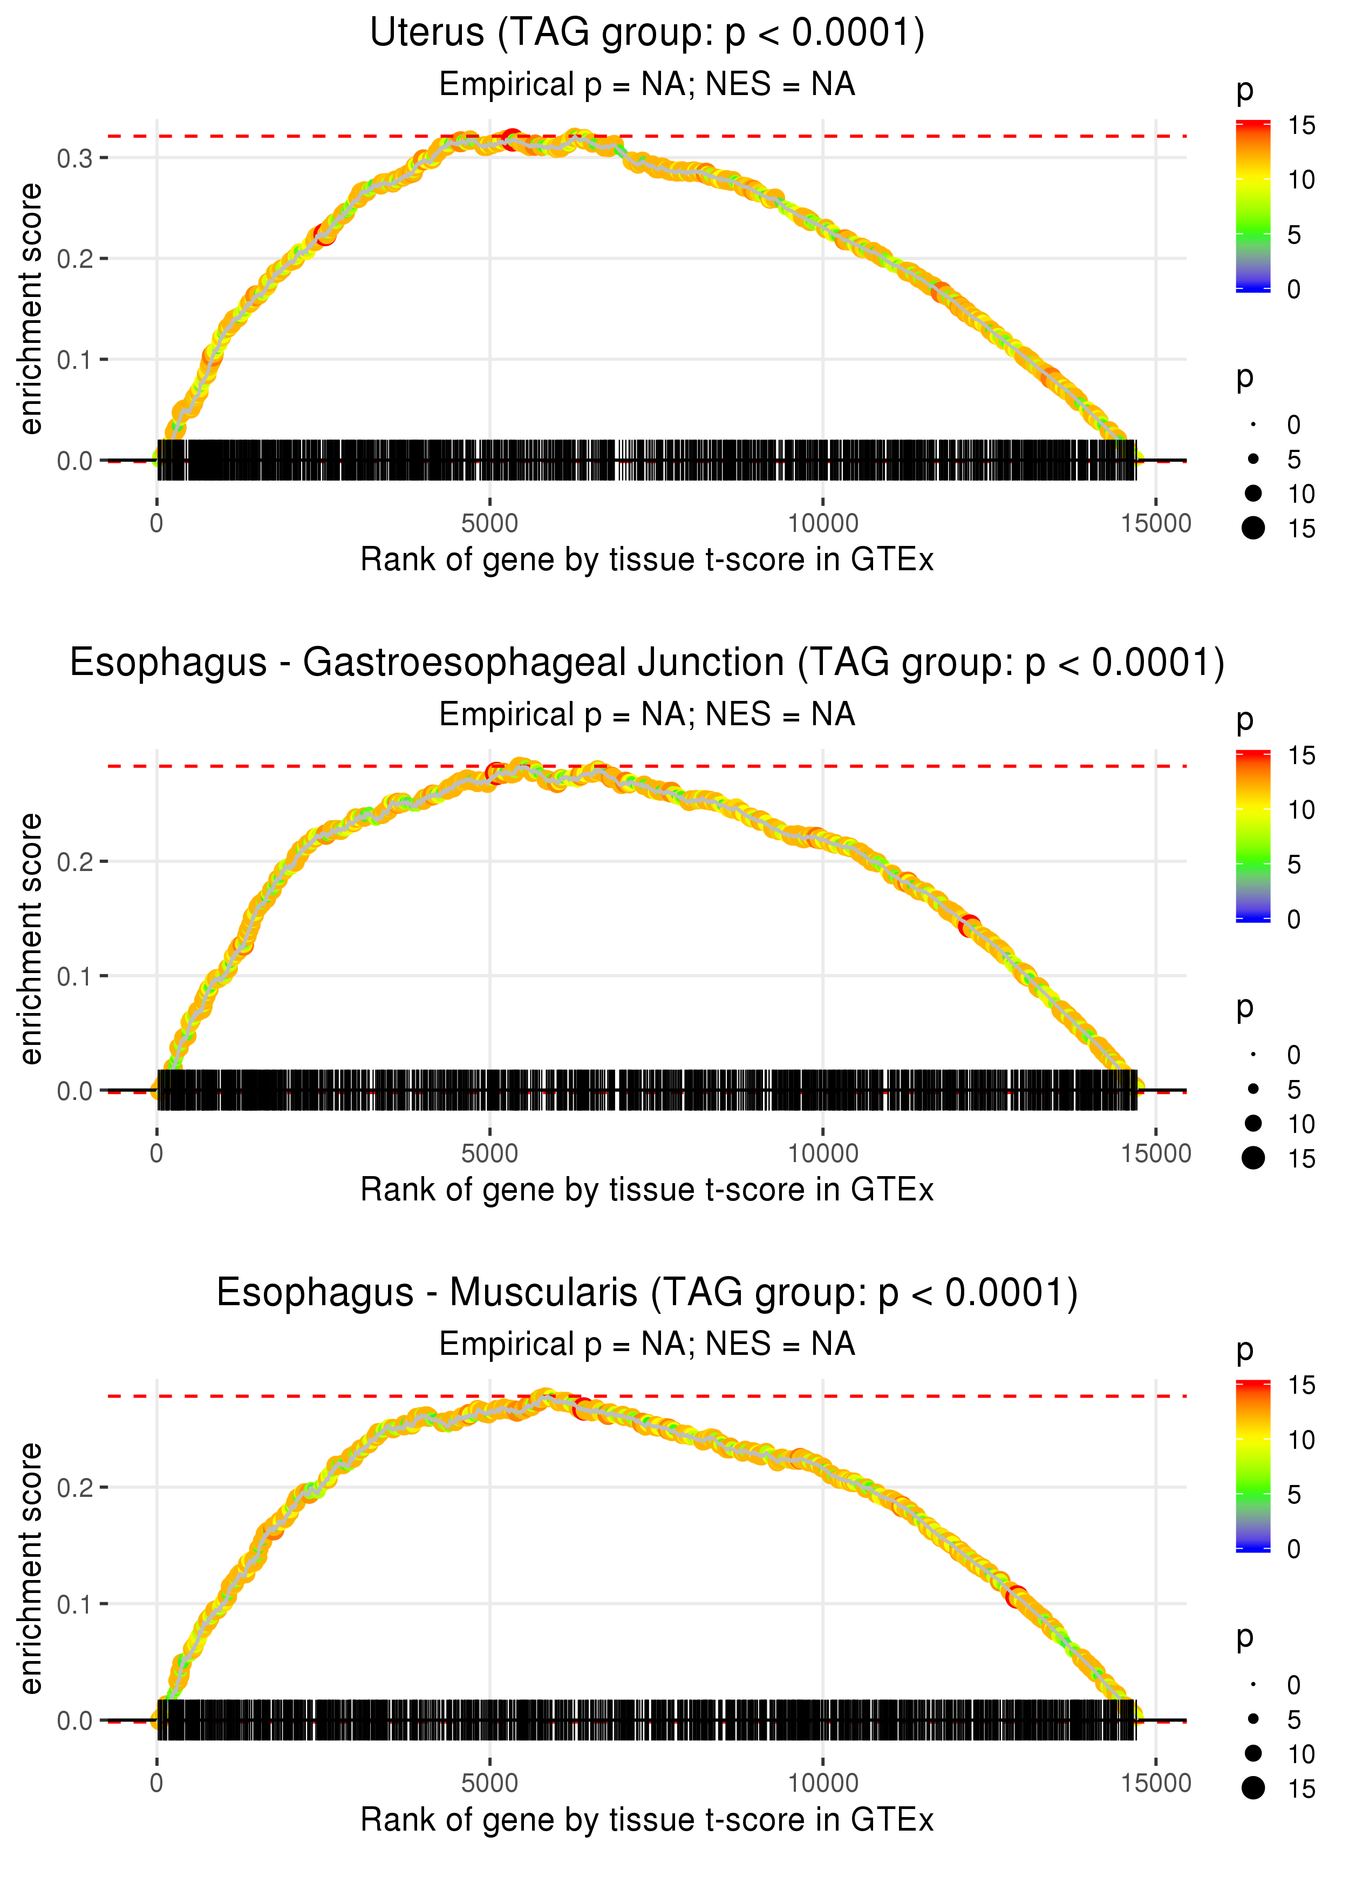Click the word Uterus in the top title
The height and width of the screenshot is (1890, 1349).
coord(426,33)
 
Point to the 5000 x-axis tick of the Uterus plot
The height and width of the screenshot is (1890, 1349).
coord(489,524)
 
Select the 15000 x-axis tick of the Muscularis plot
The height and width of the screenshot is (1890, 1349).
coord(1155,1784)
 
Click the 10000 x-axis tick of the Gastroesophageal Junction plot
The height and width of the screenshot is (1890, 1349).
coord(822,1153)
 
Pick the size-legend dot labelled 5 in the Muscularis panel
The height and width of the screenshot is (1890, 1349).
coord(1253,1719)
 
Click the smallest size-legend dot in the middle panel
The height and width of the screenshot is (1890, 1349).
coord(1253,1055)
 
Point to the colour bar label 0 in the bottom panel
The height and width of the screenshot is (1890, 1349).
coord(1293,1549)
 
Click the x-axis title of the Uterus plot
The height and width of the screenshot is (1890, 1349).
coord(646,560)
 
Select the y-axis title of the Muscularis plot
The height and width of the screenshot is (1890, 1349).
coord(31,1568)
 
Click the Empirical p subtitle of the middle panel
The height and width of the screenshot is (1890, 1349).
coord(646,715)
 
